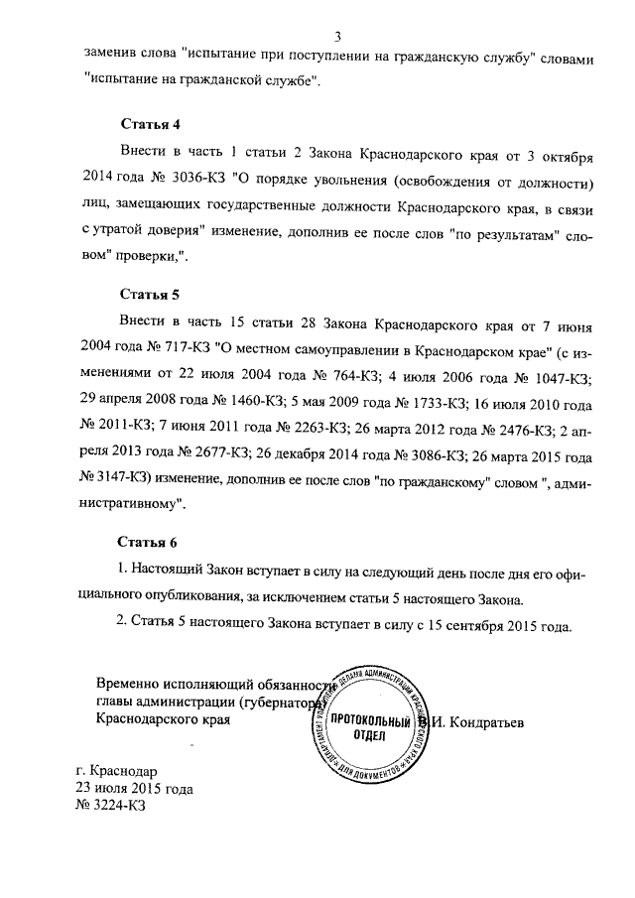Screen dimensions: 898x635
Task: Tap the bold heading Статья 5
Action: click(150, 295)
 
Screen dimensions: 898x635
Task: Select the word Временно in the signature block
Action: click(130, 684)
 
